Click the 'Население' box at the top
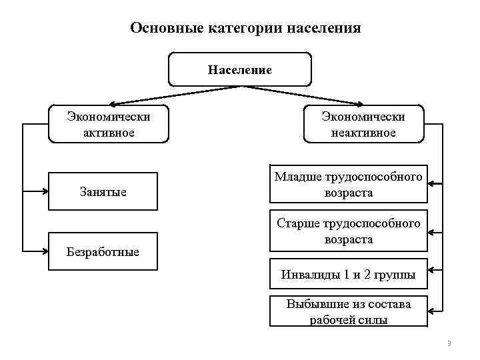pos(240,70)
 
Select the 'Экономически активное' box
pos(109,124)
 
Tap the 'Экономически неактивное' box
pos(363,124)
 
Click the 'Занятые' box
pos(103,192)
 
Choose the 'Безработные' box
pos(103,251)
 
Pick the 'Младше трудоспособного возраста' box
pos(348,184)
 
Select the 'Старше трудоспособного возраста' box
pos(348,231)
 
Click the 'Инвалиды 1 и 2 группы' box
pos(348,274)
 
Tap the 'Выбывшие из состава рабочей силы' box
pos(348,311)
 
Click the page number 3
pos(449,343)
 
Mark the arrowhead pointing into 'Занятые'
pos(47,191)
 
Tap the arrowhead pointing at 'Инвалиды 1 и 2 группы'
pos(432,271)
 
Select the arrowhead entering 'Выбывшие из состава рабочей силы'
pos(432,310)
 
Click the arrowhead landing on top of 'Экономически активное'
pos(111,104)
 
